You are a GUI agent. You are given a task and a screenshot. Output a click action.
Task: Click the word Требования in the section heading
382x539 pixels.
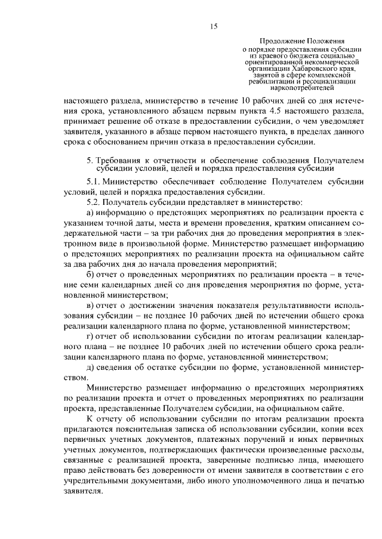click(x=116, y=161)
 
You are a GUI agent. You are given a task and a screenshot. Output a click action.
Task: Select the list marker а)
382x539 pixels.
click(x=90, y=213)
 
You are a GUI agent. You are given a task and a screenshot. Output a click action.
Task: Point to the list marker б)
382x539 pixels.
click(x=90, y=273)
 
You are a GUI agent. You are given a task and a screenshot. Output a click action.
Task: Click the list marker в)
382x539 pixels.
click(x=90, y=305)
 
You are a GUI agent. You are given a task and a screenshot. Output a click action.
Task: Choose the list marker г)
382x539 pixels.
click(x=90, y=336)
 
